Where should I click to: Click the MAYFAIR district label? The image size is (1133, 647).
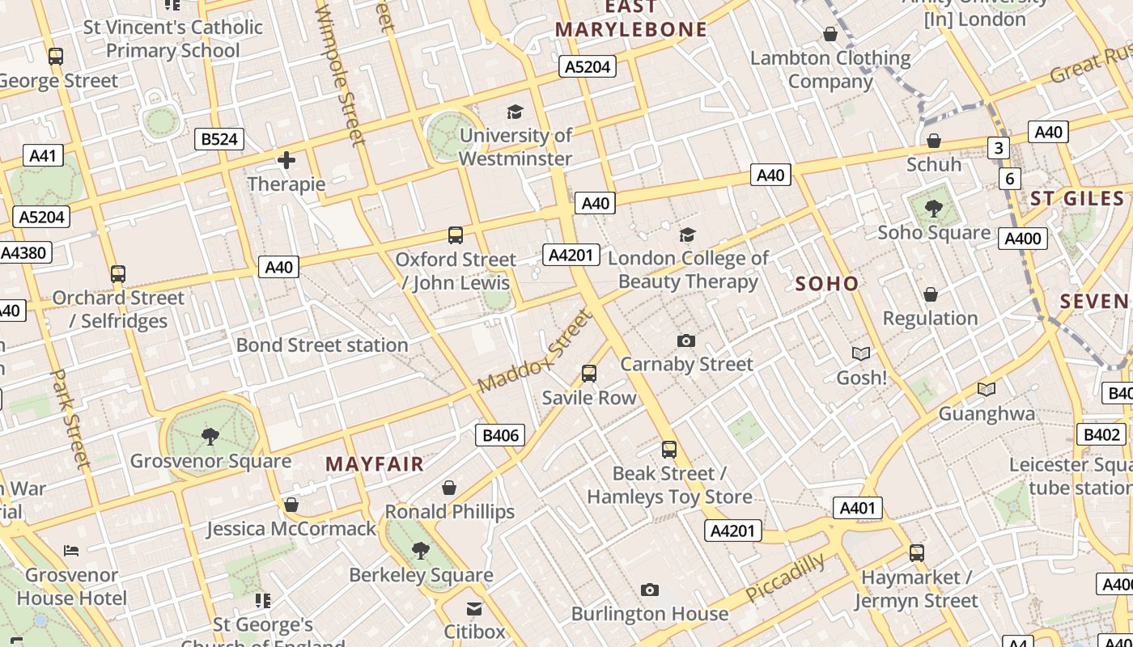pos(375,464)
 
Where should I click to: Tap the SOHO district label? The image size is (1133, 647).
pos(826,283)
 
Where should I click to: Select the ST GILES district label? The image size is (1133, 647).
pos(1077,199)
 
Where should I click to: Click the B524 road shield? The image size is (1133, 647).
pos(219,139)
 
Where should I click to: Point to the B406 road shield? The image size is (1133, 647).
pos(500,435)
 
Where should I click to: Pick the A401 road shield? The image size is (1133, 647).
pos(857,508)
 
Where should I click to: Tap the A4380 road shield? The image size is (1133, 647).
pos(24,252)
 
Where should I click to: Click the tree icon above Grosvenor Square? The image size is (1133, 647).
pos(210,437)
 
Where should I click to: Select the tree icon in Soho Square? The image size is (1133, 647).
pos(934,209)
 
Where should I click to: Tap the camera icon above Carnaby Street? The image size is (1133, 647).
pos(686,340)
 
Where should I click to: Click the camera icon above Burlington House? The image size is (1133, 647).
pos(650,590)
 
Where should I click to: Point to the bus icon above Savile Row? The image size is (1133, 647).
pos(589,374)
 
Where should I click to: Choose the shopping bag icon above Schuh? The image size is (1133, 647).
pos(934,141)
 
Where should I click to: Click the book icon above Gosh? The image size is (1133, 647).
pos(861,353)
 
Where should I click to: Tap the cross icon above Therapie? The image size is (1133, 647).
pos(286,160)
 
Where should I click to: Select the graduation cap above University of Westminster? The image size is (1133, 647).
pos(515,112)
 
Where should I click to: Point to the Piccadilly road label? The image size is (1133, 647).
pos(785,577)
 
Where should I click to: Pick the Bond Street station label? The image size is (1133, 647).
pos(322,345)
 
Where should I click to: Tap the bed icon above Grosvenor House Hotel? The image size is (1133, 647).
pos(71,551)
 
